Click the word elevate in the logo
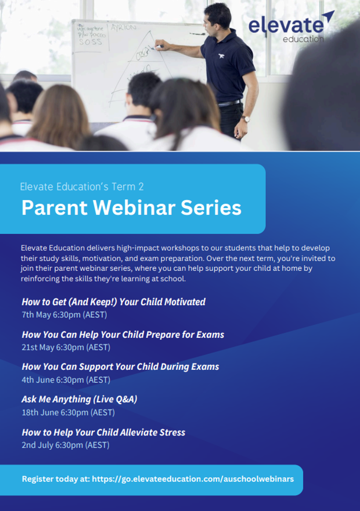[286, 26]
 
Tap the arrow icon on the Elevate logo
[329, 17]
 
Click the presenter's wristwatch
[246, 119]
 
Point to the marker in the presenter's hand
[159, 47]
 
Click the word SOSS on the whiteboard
[90, 42]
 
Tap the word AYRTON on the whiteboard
[123, 28]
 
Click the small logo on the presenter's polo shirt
[221, 56]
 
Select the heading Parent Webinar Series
[131, 207]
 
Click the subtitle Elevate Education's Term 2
[82, 187]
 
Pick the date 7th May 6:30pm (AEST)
[64, 315]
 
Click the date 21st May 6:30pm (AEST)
[66, 347]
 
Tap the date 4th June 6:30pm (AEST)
[66, 380]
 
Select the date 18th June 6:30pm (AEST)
[68, 413]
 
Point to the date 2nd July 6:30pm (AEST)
[66, 445]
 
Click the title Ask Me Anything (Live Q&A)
[79, 399]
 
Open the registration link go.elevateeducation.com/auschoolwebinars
[193, 479]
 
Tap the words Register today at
[56, 479]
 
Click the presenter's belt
[229, 103]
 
